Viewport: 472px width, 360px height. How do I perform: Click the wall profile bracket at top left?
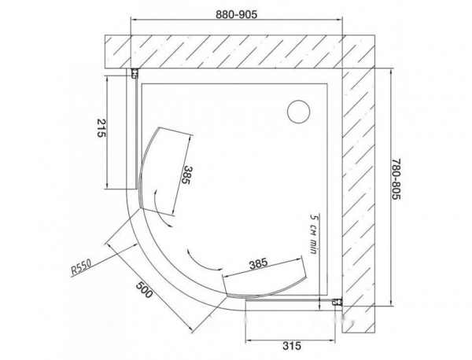135,74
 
